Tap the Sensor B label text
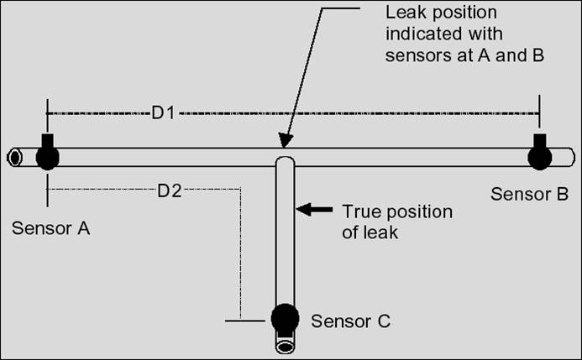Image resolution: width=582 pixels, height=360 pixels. point(529,194)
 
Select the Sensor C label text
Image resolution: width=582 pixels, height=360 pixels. point(350,321)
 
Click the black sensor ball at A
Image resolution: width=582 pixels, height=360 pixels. point(47,156)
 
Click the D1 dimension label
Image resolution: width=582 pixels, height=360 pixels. point(163,112)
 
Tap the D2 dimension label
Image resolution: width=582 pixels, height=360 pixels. point(170,190)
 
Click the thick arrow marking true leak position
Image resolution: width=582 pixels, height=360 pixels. point(316,209)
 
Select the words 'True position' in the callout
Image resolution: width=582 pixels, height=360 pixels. point(397,211)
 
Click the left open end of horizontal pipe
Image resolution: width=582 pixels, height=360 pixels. point(14,157)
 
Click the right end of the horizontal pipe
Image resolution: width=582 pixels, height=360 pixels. point(570,157)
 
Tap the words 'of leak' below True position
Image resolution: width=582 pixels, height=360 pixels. point(370,232)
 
